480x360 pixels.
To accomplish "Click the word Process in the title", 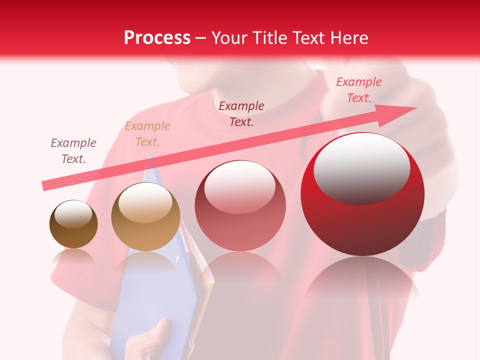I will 157,38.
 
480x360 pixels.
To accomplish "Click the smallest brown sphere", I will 73,224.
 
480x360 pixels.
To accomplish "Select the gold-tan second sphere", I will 145,217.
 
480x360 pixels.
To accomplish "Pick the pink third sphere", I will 240,206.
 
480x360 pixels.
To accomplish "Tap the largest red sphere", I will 362,195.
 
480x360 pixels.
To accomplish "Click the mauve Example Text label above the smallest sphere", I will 73,151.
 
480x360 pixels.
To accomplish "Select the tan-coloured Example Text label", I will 147,134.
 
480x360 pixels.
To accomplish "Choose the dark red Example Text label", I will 241,114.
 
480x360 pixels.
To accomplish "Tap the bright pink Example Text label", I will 358,90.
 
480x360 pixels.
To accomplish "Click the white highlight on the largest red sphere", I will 361,167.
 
